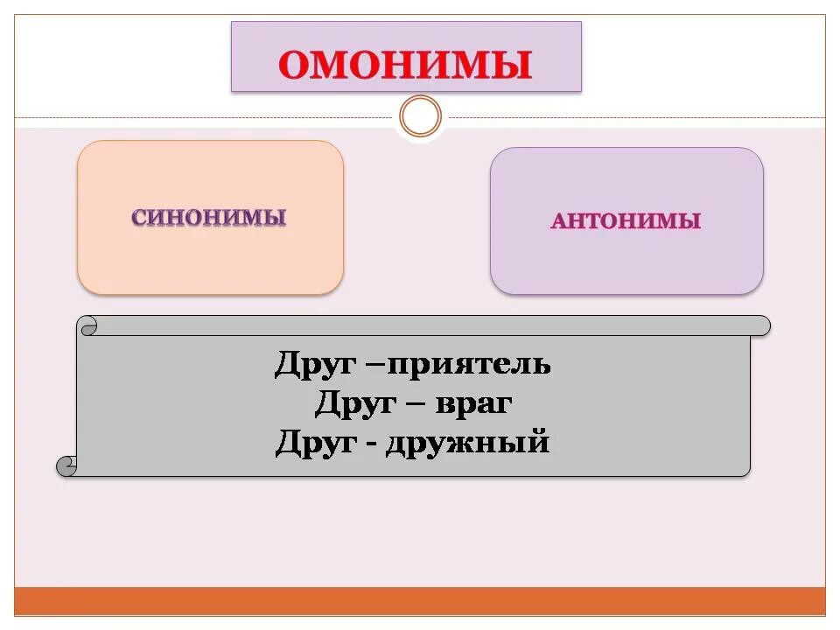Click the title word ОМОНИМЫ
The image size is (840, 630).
[x=406, y=66]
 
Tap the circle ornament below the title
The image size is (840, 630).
[x=420, y=116]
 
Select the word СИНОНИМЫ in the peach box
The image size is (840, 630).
[x=209, y=217]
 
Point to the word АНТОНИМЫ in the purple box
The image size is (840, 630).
[x=626, y=220]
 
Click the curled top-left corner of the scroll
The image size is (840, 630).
[x=88, y=326]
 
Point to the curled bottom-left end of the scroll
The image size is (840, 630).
[x=66, y=466]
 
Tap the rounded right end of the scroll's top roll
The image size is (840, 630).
[x=762, y=325]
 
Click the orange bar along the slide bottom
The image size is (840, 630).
[x=420, y=601]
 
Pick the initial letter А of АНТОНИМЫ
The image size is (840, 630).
[x=559, y=221]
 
